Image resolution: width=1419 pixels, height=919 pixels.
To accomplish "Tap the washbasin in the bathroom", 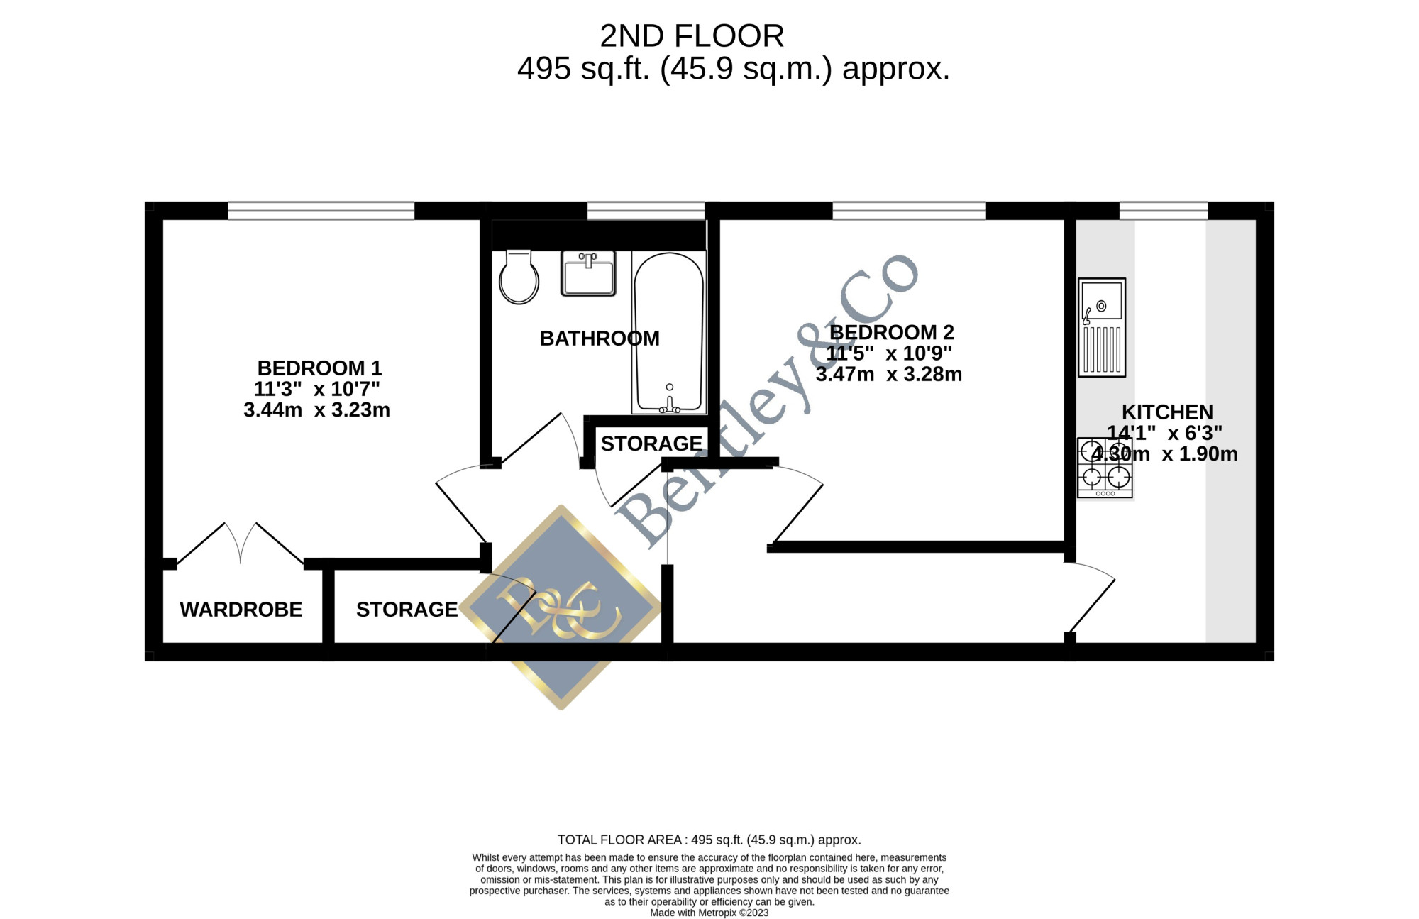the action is [x=588, y=273].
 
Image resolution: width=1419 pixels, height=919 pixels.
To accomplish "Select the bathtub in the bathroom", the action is [x=669, y=332].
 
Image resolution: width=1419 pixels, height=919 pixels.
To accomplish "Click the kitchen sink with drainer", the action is [x=1102, y=327].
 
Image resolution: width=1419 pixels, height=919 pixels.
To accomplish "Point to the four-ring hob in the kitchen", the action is [x=1105, y=468].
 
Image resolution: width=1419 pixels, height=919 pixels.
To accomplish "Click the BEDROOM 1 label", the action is [x=319, y=368].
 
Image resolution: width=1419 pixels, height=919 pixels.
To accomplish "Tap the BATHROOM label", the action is [x=600, y=339].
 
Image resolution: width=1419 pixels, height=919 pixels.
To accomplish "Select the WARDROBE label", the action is [x=241, y=610].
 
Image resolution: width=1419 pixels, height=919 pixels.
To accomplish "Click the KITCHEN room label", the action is [x=1167, y=412].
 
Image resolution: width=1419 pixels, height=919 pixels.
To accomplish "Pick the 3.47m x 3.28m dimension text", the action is [x=889, y=375].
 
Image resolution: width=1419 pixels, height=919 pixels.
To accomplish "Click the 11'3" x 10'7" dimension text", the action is [x=317, y=389].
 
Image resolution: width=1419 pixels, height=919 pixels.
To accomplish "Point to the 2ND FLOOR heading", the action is [x=692, y=36].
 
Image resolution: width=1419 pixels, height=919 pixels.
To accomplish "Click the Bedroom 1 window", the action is [x=321, y=211].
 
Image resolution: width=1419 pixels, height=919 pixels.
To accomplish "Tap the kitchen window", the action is [x=1164, y=211].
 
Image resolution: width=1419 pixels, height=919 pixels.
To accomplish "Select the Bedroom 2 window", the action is [x=909, y=211].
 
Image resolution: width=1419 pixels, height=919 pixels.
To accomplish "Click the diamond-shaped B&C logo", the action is [x=561, y=607].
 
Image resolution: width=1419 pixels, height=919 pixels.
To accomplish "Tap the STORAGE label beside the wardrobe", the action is [x=407, y=610].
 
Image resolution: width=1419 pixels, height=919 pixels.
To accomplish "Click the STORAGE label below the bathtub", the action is [x=651, y=444].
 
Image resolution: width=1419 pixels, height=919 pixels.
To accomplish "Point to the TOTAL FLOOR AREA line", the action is [x=709, y=840].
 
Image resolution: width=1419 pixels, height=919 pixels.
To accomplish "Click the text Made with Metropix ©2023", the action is [x=709, y=913].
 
